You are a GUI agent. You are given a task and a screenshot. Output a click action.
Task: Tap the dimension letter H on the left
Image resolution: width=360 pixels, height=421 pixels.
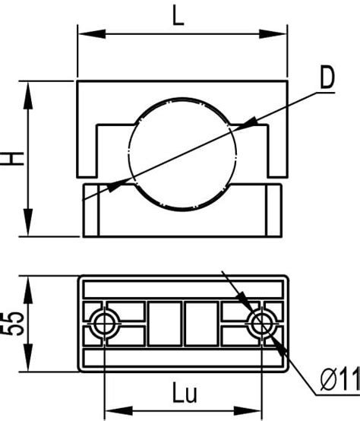(13, 158)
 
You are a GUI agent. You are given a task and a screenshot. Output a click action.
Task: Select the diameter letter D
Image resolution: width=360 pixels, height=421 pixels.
(328, 77)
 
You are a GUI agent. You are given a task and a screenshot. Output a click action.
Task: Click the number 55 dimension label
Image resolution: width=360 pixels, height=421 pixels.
(13, 324)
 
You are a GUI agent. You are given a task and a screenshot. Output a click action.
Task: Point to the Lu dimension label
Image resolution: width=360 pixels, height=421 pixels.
(185, 392)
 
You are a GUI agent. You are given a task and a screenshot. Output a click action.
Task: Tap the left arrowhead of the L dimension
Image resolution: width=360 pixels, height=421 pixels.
(91, 34)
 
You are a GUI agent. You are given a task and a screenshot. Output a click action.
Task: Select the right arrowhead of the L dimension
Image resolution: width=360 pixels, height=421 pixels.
(273, 34)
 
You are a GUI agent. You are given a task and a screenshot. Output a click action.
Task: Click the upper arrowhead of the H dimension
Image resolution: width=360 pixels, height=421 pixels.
(28, 95)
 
